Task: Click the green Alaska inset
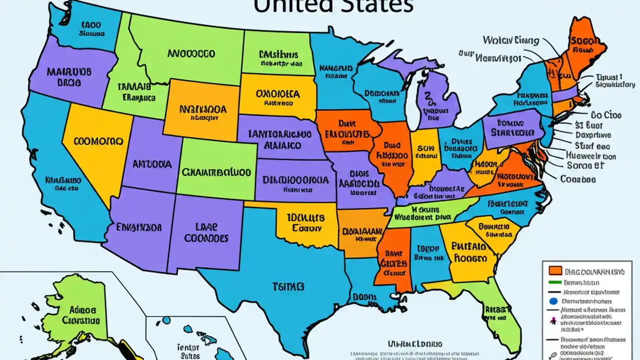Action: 80,310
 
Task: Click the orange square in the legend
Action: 554,271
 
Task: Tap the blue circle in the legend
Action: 553,301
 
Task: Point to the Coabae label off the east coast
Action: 578,179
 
